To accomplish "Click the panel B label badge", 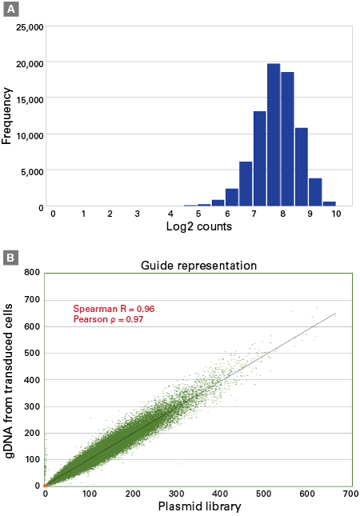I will tap(10, 258).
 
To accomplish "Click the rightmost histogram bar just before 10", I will tap(330, 204).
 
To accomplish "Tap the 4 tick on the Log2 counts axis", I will tap(170, 214).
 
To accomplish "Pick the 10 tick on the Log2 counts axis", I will tap(338, 214).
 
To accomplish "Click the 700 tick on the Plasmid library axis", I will tap(350, 494).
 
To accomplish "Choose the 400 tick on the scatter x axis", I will tap(219, 494).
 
